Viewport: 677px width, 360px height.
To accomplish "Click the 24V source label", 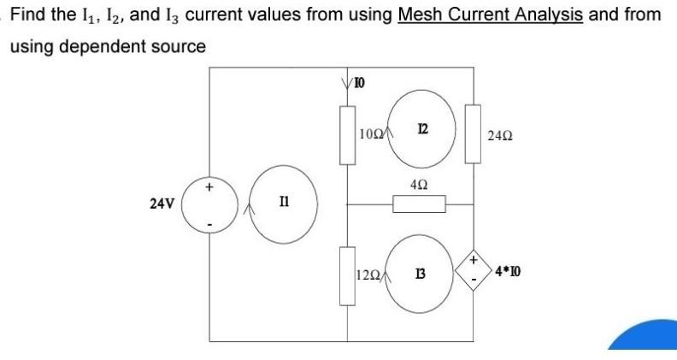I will tap(162, 204).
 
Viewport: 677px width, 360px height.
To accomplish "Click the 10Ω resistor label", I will tap(372, 134).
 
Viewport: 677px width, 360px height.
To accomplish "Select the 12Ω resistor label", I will tap(368, 274).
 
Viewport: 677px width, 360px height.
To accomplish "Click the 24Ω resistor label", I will tap(499, 135).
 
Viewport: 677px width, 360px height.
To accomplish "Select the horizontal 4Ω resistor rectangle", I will tap(419, 204).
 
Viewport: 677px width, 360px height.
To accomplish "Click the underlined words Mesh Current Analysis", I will tap(490, 15).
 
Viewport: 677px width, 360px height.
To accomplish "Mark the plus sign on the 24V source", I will tap(208, 184).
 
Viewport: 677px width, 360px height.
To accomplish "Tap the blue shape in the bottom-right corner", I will tap(645, 337).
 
